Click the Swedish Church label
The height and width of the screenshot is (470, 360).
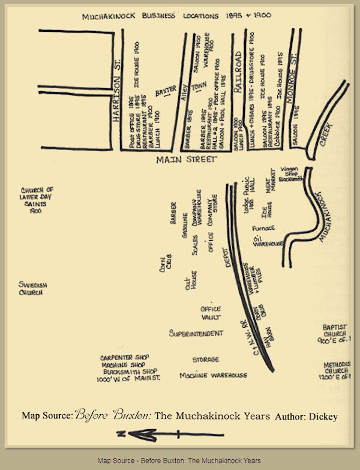click(32, 288)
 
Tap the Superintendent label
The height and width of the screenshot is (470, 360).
click(196, 333)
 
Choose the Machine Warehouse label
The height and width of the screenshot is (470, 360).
click(213, 376)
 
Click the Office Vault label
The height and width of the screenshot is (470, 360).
click(211, 313)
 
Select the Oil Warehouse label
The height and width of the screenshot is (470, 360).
click(268, 241)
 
